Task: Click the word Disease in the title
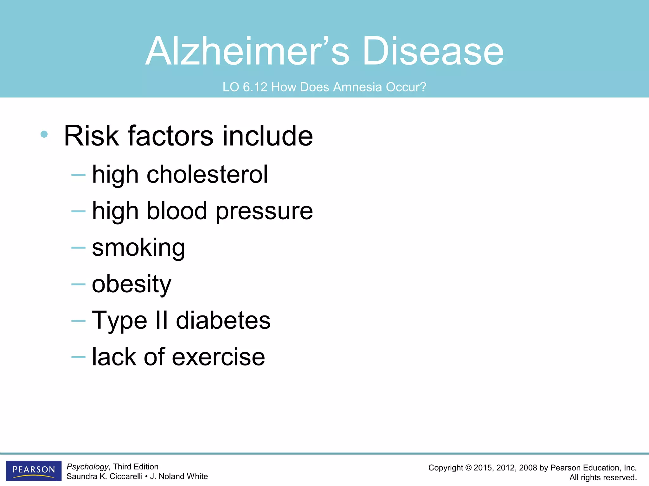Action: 433,51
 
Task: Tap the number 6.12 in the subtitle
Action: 255,87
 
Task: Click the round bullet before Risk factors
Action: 44,134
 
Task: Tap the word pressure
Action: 264,211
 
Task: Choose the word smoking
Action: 138,248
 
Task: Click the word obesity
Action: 132,284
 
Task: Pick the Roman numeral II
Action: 162,320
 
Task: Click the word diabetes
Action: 223,320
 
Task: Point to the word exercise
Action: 218,357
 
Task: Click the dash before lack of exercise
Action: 78,357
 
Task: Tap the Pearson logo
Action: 34,470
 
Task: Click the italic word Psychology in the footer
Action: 87,467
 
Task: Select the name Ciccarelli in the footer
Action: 126,477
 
